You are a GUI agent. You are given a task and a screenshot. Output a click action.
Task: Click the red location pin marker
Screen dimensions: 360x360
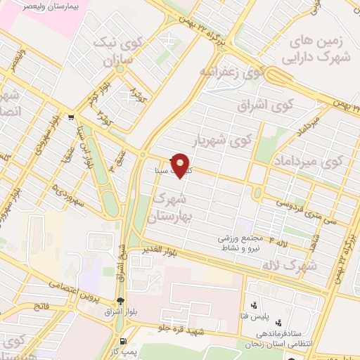(181, 165)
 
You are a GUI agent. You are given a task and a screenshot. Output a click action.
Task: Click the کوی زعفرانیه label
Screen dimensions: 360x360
(231, 72)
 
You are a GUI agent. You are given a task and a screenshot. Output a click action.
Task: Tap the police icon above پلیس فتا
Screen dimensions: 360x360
(252, 305)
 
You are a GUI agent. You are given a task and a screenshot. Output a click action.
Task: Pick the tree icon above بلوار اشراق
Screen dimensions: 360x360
(120, 300)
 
